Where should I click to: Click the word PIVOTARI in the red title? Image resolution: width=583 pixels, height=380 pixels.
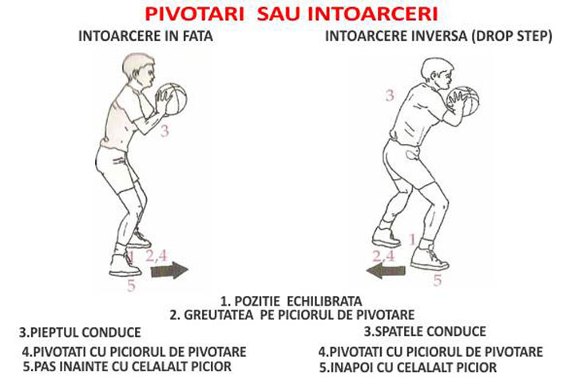click(x=194, y=14)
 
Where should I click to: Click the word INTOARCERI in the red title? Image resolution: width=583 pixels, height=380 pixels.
click(x=373, y=14)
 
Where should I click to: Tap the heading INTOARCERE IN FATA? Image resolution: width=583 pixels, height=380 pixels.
click(x=145, y=36)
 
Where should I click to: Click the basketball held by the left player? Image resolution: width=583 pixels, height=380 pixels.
click(x=173, y=98)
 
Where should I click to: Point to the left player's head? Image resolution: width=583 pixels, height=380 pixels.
click(x=139, y=70)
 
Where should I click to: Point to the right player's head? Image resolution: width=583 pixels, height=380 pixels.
click(x=438, y=74)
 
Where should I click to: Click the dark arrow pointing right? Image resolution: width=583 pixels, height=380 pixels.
click(x=169, y=270)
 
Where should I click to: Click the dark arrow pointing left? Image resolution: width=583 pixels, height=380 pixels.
click(x=385, y=270)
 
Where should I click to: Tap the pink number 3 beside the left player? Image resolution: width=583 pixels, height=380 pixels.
click(x=165, y=130)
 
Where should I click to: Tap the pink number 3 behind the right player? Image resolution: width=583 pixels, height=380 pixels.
click(x=389, y=96)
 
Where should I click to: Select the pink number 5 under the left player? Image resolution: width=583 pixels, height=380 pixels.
click(x=131, y=286)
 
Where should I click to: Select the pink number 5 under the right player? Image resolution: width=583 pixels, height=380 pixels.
click(x=438, y=280)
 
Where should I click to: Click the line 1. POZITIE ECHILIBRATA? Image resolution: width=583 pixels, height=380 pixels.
click(x=291, y=301)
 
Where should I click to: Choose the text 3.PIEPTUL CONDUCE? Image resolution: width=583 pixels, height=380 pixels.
click(x=80, y=332)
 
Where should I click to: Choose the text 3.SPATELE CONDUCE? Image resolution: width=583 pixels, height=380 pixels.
click(x=425, y=331)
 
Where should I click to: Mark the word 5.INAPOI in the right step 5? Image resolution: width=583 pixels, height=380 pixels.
click(x=347, y=368)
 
